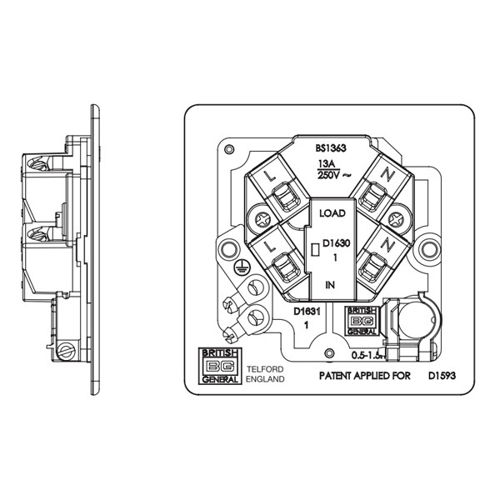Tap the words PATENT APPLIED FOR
point(366,376)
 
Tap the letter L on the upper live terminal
point(267,178)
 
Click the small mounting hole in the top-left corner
point(227,148)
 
